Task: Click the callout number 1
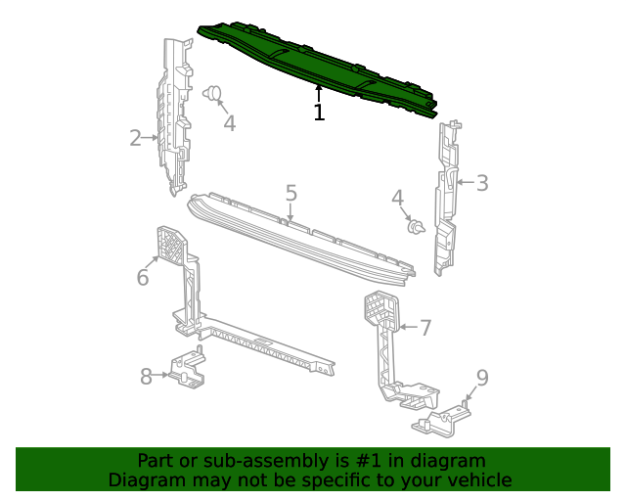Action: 319,112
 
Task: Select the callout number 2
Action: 135,138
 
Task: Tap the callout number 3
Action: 481,182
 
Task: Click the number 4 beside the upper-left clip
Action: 229,123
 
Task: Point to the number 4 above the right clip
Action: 398,199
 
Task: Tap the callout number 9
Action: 481,378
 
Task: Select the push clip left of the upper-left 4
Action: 210,93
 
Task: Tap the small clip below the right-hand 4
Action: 417,228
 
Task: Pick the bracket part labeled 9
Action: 442,419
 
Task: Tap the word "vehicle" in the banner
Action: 478,480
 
